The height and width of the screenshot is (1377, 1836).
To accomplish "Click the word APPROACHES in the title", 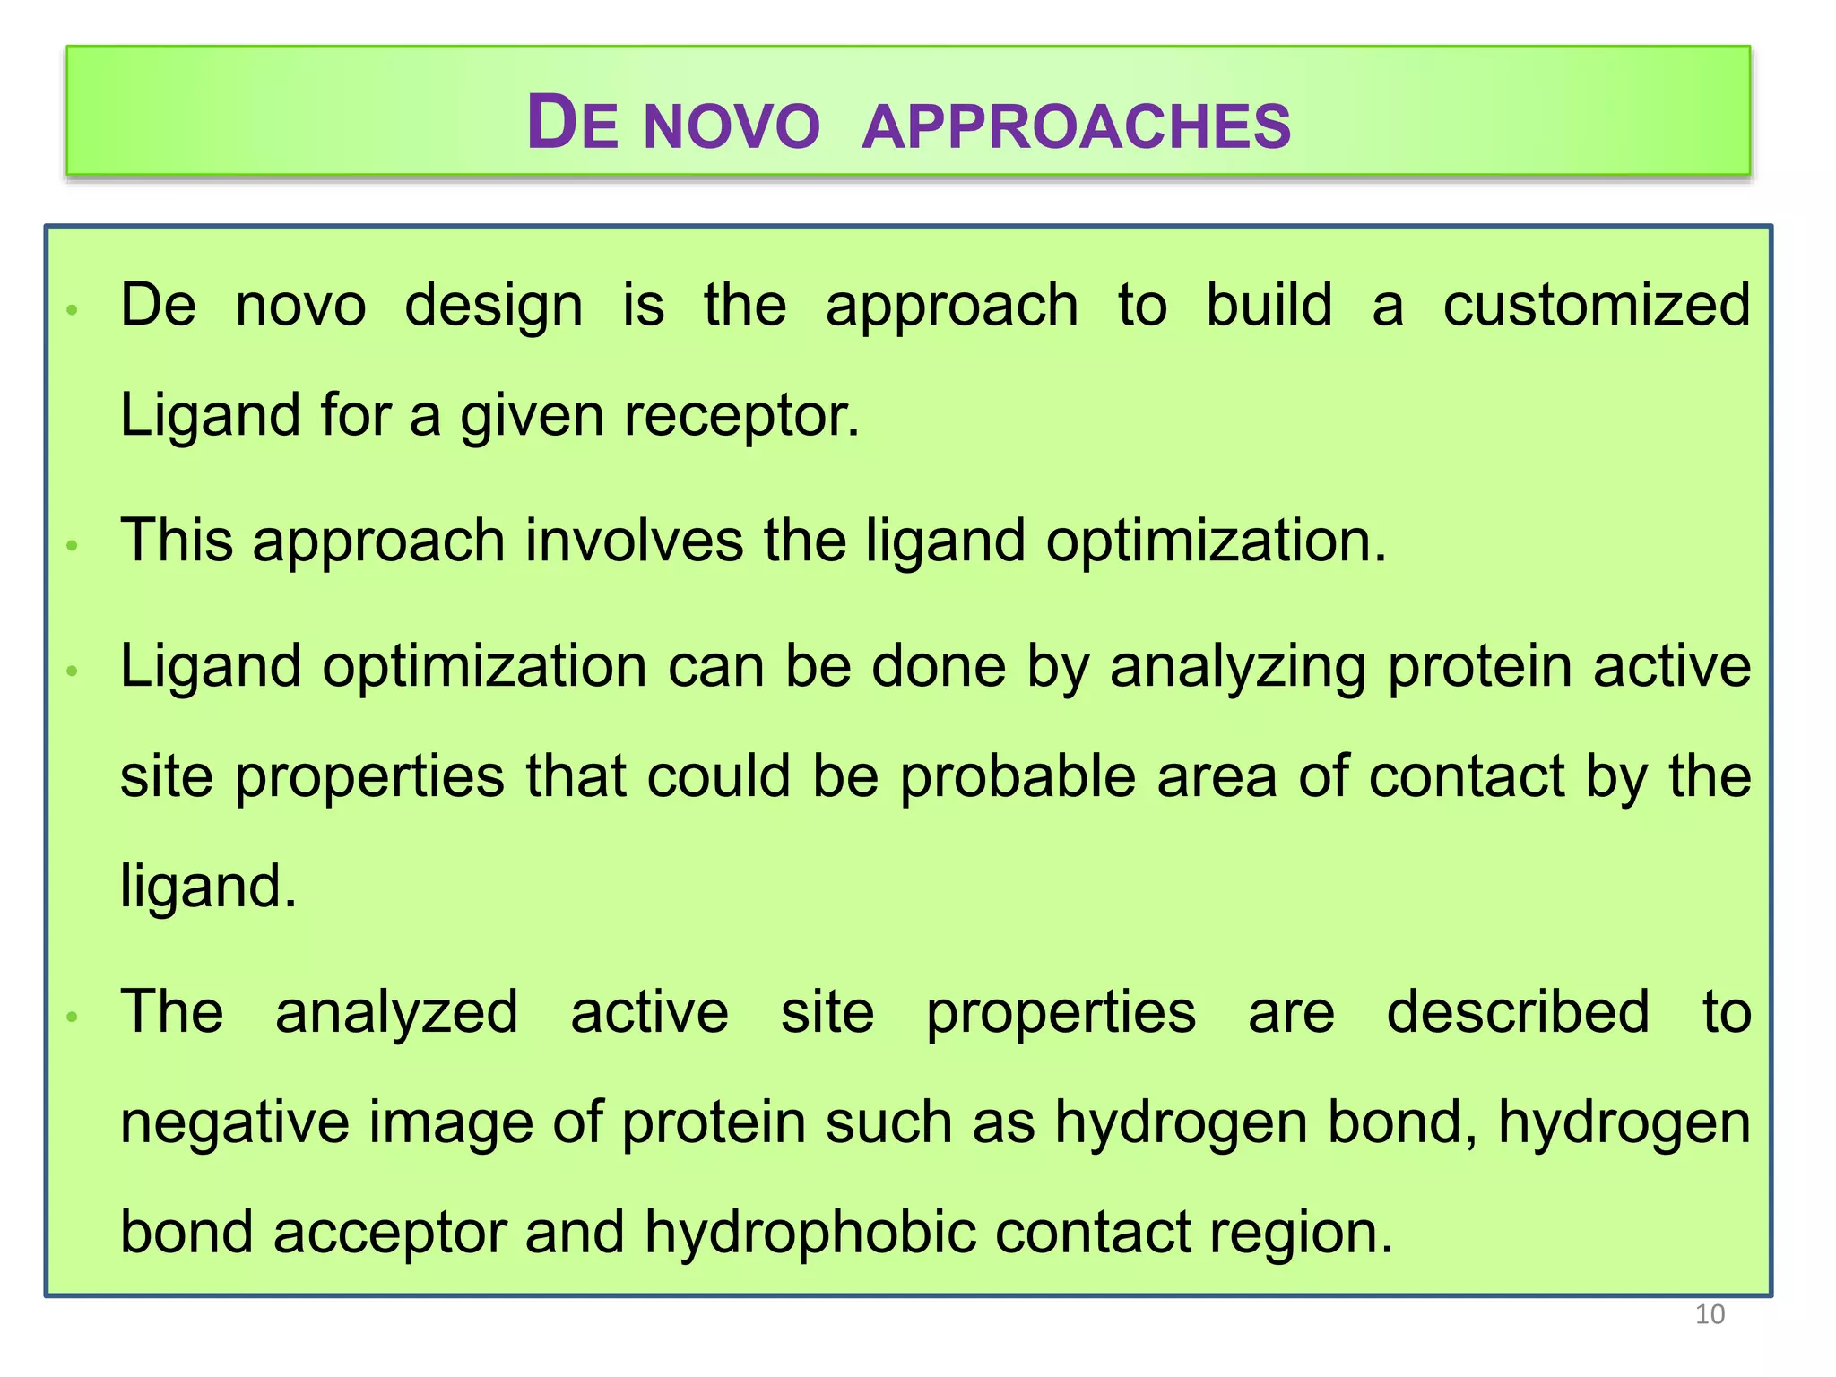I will click(x=1076, y=126).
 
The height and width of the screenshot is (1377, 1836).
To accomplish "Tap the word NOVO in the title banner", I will click(x=732, y=126).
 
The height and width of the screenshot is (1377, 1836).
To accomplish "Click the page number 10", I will click(x=1710, y=1314).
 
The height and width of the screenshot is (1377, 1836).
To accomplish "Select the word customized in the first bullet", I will click(x=1596, y=305).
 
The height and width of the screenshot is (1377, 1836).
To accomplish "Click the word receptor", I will click(x=740, y=416).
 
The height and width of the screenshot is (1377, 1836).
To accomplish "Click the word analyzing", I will click(x=1237, y=668).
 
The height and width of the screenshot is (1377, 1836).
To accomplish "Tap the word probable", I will click(x=1018, y=775).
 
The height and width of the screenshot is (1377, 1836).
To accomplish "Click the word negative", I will click(x=234, y=1122).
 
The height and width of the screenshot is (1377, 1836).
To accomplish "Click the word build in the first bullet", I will click(x=1269, y=305).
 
